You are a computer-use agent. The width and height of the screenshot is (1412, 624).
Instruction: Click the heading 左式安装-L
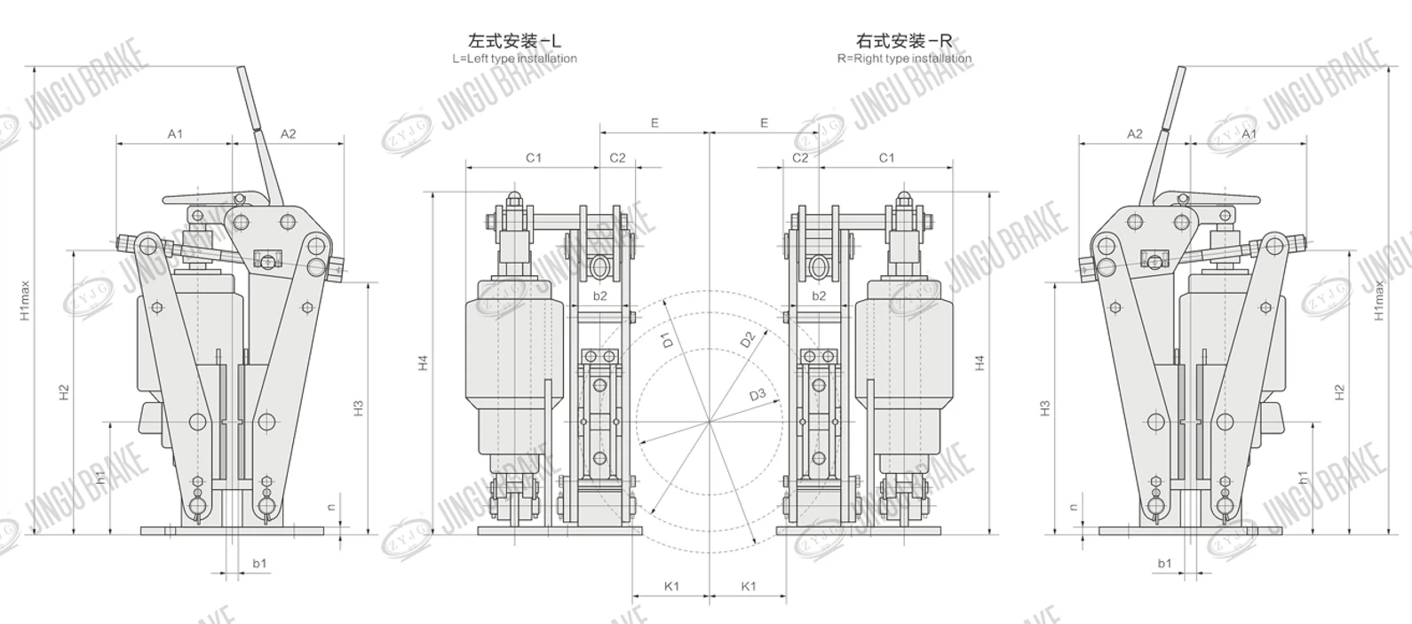(x=514, y=41)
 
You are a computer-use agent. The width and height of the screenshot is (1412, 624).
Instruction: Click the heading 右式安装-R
(x=904, y=41)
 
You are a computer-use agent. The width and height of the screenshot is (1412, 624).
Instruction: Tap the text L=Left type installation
(x=514, y=59)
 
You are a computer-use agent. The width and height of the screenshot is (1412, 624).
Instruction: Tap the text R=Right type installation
(x=904, y=59)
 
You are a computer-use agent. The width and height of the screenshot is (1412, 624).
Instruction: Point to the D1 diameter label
(x=668, y=338)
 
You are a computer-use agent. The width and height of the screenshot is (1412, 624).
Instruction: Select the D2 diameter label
(x=747, y=339)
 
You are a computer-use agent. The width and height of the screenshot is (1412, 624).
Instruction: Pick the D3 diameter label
(x=757, y=395)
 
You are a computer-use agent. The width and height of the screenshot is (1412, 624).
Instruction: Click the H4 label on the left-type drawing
(x=424, y=362)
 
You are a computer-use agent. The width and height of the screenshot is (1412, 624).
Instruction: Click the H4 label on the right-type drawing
(x=980, y=362)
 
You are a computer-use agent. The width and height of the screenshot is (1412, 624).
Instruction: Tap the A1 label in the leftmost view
(x=175, y=134)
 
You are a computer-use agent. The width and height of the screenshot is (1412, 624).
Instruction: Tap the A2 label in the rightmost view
(x=1134, y=134)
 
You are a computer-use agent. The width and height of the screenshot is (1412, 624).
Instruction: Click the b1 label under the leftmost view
(x=259, y=564)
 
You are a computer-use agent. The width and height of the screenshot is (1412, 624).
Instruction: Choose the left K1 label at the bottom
(x=671, y=586)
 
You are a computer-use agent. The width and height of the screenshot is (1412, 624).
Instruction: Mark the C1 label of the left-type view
(x=533, y=158)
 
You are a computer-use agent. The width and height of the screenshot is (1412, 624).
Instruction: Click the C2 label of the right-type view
(x=800, y=158)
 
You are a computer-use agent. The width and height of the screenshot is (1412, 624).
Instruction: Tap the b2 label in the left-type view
(x=600, y=296)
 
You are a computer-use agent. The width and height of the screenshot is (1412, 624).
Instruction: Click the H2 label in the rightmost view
(x=1339, y=391)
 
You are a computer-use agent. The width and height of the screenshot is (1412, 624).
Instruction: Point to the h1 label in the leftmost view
(x=101, y=477)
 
